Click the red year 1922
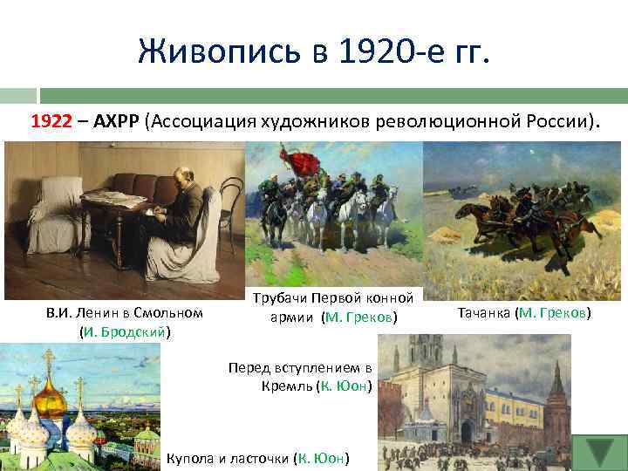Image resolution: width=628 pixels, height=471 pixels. (x=51, y=121)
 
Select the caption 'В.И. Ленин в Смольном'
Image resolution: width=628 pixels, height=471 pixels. (x=124, y=313)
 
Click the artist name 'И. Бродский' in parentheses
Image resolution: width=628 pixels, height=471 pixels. (x=124, y=331)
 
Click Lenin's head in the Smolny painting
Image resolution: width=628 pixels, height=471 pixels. (x=182, y=177)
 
